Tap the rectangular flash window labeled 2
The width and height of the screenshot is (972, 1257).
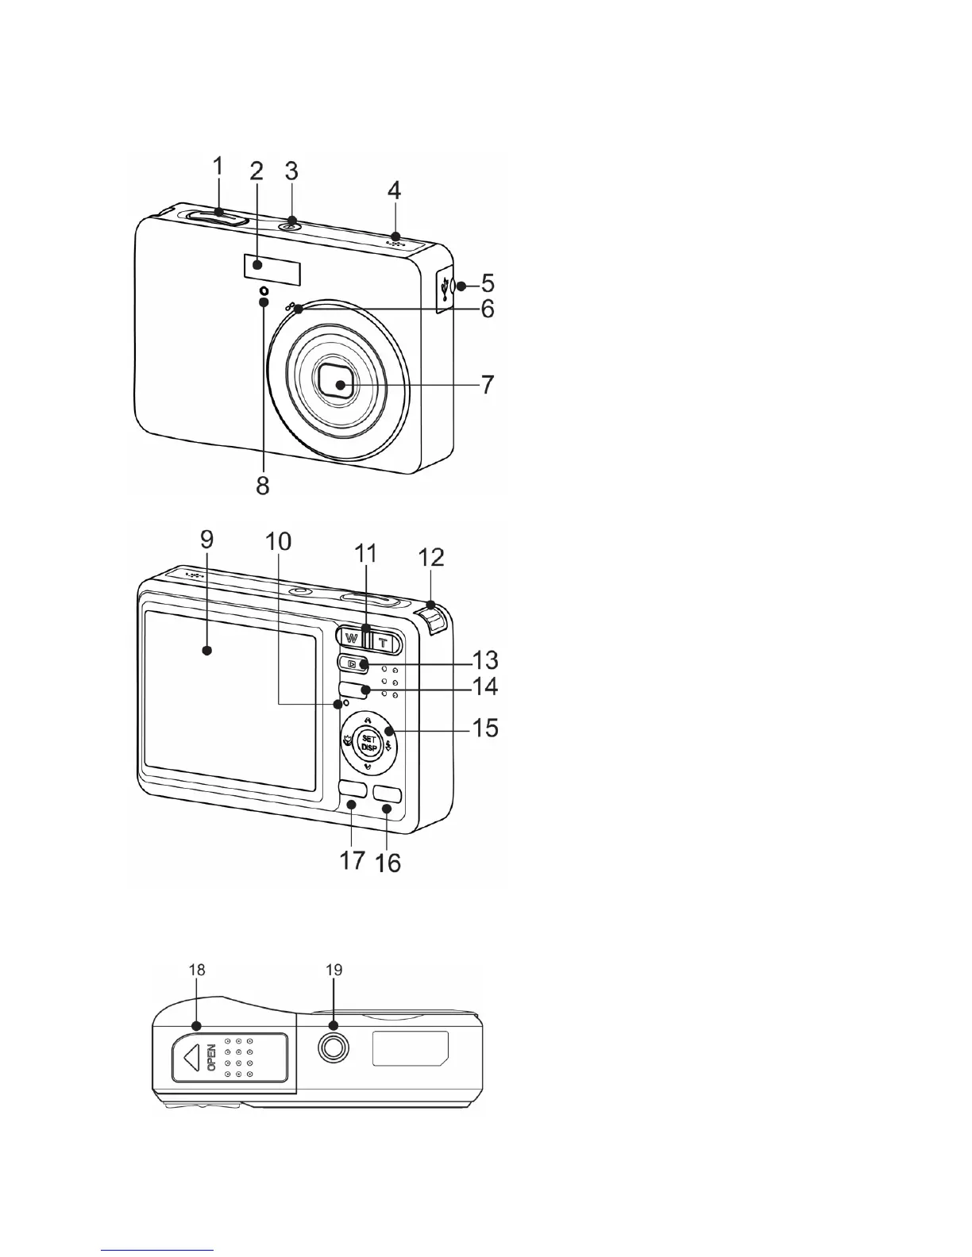(x=272, y=271)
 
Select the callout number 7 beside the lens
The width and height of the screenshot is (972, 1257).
(x=485, y=385)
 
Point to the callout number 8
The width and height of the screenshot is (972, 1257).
(x=262, y=485)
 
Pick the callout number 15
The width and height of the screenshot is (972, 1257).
(x=485, y=727)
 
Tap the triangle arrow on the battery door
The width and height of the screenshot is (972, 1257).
(x=189, y=1058)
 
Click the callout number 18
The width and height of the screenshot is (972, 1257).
(x=197, y=970)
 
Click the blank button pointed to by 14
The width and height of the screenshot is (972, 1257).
(x=353, y=688)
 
